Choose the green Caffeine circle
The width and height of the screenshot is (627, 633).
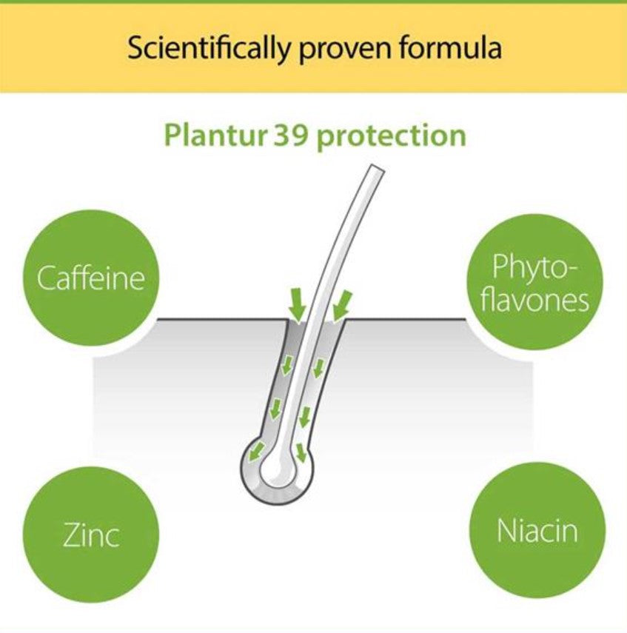click(91, 278)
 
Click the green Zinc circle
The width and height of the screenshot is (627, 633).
click(91, 534)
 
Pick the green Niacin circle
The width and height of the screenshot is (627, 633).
click(537, 530)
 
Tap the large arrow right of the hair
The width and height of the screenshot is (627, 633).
click(341, 304)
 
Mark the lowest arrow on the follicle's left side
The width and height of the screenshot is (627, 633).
click(258, 449)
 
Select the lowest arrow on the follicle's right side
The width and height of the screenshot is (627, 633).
click(301, 452)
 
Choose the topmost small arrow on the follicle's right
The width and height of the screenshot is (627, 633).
click(318, 366)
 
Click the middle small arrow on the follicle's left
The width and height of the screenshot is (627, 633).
click(276, 407)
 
